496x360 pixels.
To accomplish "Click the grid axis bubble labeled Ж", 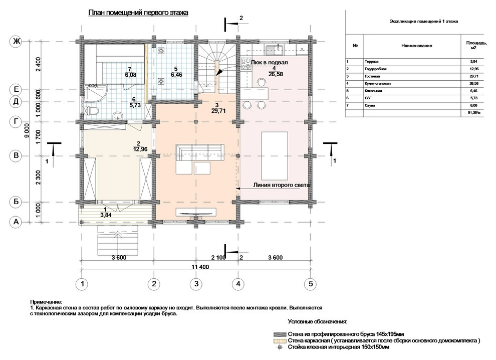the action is tap(16, 42).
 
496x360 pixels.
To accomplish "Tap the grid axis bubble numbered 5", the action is tap(311, 284).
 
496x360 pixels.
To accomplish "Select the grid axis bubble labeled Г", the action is tap(16, 122).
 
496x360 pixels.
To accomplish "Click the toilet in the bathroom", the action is tap(92, 111).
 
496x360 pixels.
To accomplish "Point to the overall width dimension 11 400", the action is tap(200, 267).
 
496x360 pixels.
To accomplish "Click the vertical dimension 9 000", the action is tap(27, 130).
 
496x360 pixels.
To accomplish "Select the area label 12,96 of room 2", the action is tap(140, 149).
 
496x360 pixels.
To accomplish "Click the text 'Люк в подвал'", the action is tap(269, 62).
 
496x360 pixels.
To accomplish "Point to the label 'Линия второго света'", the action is tap(282, 185).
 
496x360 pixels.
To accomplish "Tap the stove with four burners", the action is tap(245, 64).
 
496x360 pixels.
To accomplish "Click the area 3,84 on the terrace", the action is tap(106, 215).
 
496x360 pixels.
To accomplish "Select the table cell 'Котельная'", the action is tap(373, 91).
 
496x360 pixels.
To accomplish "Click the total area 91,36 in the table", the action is tap(475, 113).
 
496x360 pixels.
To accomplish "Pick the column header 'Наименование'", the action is tap(417, 46).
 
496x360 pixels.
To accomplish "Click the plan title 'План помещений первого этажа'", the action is tap(138, 13).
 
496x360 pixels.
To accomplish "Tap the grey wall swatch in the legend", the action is tap(280, 334).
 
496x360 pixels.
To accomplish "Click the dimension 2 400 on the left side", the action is tap(38, 66).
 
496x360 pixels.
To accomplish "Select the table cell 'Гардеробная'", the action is tap(375, 69).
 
